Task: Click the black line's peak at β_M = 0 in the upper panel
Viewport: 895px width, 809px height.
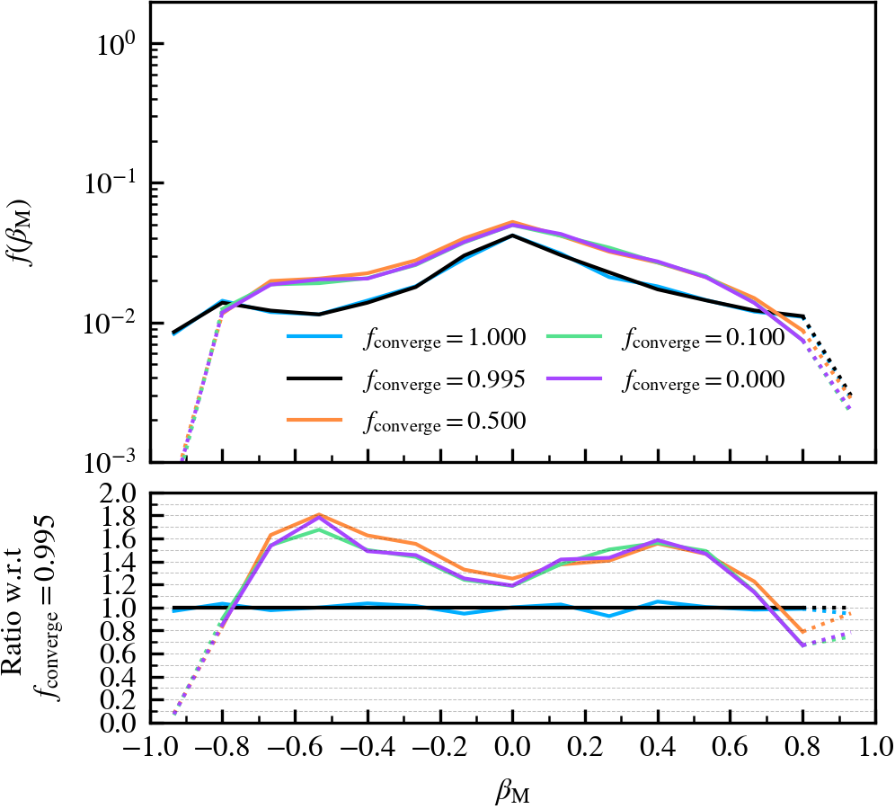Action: pos(512,236)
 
